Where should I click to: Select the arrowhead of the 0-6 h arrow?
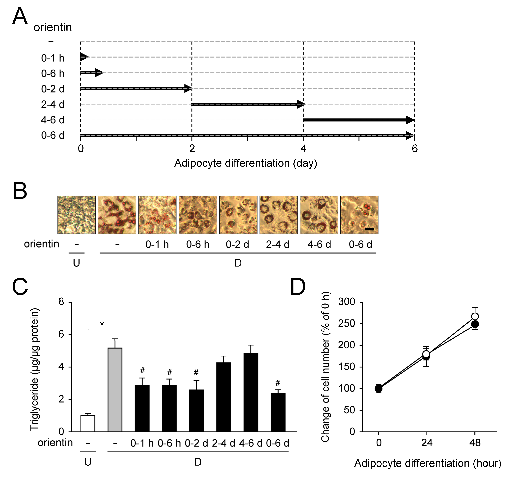(x=99, y=73)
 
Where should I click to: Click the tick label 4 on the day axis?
(x=303, y=149)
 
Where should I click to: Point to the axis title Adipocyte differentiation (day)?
(x=245, y=163)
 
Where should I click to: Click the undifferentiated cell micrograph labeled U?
(x=76, y=215)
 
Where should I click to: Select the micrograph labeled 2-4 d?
(x=278, y=215)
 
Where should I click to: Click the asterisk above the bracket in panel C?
(x=102, y=324)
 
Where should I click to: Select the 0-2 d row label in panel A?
(x=53, y=89)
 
